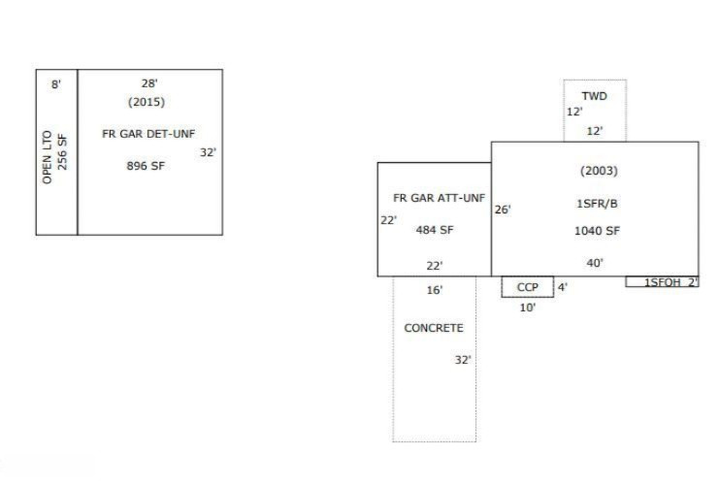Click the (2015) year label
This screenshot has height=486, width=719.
point(147,102)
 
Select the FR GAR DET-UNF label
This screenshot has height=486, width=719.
point(148,134)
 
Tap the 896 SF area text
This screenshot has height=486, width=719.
point(146,166)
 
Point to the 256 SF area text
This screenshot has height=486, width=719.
point(62,151)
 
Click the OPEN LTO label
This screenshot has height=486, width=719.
point(47,157)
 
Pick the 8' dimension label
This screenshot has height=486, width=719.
point(56,84)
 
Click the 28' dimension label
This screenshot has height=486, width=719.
point(149,83)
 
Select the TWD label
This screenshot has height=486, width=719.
point(594,96)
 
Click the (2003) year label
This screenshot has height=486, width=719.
point(599,171)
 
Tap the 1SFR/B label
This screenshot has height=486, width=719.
point(597,204)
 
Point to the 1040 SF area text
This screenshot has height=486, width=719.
point(597,231)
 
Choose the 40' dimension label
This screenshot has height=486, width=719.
point(595,263)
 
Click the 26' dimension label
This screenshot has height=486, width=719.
point(503,210)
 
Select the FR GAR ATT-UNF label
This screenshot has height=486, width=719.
point(439,198)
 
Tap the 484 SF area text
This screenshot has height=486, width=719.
point(435,230)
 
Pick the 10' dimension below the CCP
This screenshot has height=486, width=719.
point(527,308)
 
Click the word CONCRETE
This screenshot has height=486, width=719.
point(434,328)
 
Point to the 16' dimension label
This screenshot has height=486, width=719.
point(435,290)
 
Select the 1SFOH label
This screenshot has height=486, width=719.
point(663,282)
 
